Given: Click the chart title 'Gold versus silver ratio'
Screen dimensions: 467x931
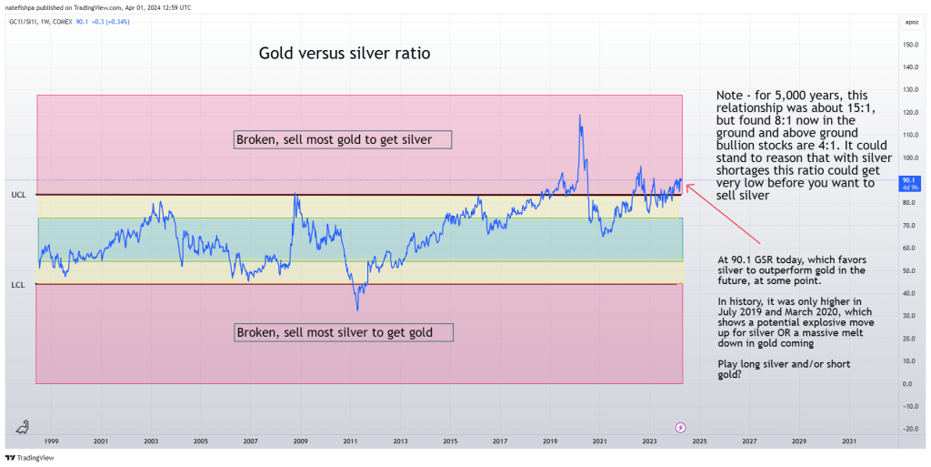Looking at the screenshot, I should (344, 54).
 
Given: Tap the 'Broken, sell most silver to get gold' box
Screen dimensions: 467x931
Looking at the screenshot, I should (345, 332).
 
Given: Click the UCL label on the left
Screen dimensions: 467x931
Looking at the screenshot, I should (18, 195).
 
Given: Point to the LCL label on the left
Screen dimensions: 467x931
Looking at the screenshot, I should (18, 285).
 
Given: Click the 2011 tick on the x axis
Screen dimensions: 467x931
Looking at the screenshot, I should (350, 442).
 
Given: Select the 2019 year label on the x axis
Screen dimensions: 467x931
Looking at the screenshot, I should (549, 442).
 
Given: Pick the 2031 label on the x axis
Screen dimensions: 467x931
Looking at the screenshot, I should (848, 442).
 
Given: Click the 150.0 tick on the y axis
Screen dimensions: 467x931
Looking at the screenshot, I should (907, 45).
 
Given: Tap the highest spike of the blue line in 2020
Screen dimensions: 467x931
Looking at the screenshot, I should (579, 115).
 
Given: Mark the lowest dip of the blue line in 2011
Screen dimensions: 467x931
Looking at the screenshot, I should (357, 310).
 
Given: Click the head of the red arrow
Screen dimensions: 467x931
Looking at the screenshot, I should (687, 186).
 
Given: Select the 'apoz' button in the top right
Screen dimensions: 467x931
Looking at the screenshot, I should (906, 20).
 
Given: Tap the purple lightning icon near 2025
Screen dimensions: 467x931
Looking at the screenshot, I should (682, 427).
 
